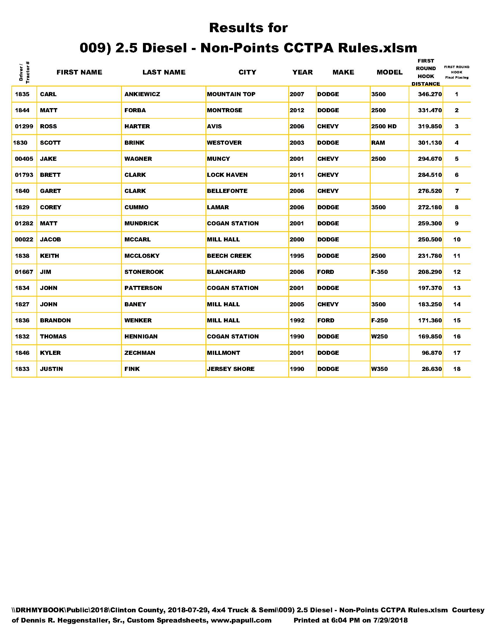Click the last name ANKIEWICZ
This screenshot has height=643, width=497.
point(142,94)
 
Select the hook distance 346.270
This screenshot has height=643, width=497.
point(429,94)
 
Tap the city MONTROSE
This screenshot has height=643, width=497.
point(224,110)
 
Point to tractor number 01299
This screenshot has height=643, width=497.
point(24,127)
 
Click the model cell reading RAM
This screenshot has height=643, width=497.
point(378,143)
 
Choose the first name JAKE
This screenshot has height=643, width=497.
point(48,159)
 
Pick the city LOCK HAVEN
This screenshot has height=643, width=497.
point(227,175)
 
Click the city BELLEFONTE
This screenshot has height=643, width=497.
point(227,191)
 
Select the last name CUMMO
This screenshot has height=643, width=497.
point(136,207)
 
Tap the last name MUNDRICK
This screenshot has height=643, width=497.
point(141,224)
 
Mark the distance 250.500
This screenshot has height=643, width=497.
point(429,240)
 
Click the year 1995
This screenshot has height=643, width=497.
point(297,256)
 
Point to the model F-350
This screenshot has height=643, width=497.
point(379,272)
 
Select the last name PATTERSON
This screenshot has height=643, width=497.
point(143,288)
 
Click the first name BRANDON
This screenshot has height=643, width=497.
point(55,320)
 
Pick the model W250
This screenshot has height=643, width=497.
point(379,336)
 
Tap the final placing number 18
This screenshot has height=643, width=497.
point(457,369)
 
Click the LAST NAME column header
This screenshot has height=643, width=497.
point(164,72)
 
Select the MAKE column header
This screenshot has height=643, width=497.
point(343,72)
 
